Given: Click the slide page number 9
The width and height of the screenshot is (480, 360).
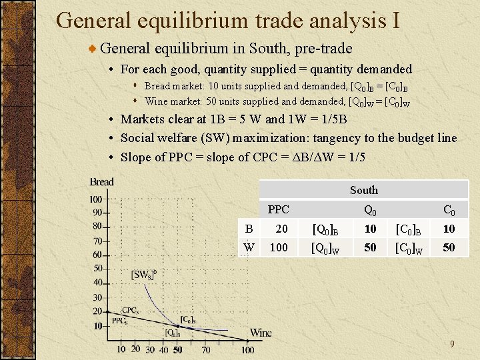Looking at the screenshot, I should click(451, 344).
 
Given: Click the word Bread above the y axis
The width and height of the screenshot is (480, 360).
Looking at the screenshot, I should click(102, 182).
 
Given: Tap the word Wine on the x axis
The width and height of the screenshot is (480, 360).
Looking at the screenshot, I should click(261, 333).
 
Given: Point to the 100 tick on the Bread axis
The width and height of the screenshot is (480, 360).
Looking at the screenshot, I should click(95, 199).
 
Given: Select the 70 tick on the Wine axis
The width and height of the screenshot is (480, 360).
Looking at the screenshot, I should click(205, 349).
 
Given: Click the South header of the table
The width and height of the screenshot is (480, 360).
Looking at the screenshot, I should click(363, 190).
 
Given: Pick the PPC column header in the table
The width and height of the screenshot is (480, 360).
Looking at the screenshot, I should click(278, 209).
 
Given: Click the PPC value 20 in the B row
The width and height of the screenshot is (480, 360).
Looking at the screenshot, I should click(282, 229).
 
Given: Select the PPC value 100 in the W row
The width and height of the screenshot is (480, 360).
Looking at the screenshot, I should click(278, 247).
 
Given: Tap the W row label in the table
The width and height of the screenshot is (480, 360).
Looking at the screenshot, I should click(249, 247).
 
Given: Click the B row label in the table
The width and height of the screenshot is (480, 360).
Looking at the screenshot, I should click(249, 229).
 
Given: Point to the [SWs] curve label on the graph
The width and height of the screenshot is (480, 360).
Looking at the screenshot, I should click(143, 275).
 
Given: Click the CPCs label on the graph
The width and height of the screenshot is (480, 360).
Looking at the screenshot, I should click(130, 311).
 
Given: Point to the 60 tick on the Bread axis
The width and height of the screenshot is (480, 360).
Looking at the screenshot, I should click(97, 255).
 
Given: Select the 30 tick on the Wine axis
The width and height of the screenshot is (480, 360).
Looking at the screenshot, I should click(149, 349).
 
